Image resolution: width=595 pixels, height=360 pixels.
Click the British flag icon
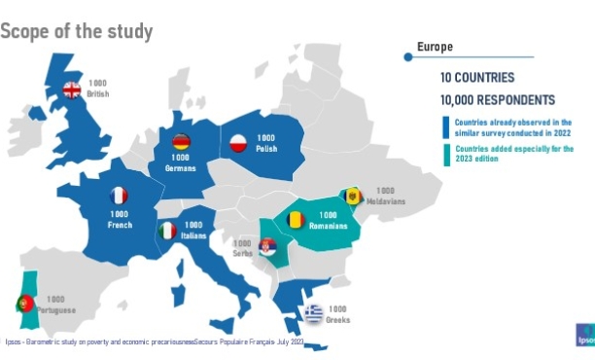click(x=72, y=90)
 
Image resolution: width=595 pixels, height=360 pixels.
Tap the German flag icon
click(x=180, y=141)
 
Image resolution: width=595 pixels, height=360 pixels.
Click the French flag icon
click(x=119, y=196)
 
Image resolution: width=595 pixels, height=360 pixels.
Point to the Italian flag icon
click(x=168, y=231)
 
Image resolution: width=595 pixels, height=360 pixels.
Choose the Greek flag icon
click(x=312, y=313)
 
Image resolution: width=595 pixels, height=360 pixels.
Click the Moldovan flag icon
click(x=354, y=198)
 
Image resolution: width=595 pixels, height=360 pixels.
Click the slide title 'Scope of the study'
click(x=77, y=31)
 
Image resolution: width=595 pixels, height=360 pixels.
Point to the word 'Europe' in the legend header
click(x=435, y=47)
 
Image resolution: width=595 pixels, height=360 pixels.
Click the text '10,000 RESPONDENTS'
click(x=497, y=99)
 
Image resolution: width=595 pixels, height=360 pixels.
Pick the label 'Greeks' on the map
click(x=338, y=320)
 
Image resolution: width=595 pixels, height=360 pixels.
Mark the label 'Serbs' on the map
click(x=241, y=253)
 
